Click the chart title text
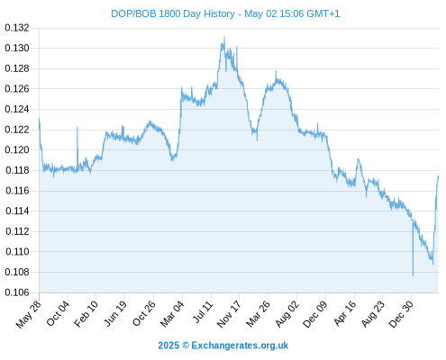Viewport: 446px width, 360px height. (x=225, y=13)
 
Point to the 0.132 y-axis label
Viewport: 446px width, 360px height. (x=17, y=28)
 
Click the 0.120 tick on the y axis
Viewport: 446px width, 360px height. (x=17, y=149)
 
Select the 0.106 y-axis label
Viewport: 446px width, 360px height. (x=17, y=292)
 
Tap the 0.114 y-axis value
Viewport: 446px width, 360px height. (x=17, y=211)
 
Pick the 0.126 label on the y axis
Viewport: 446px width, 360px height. (x=17, y=89)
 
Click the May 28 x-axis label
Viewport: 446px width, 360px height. (x=29, y=314)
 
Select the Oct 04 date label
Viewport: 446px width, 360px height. (x=58, y=313)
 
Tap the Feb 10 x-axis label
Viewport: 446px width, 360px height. (x=86, y=313)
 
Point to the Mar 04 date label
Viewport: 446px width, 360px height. (x=172, y=313)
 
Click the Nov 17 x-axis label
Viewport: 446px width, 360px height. (x=229, y=314)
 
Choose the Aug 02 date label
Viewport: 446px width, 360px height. (x=287, y=313)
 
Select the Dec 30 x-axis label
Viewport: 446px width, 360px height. (x=401, y=314)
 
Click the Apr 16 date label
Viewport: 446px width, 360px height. (x=345, y=313)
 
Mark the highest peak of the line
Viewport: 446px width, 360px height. (x=224, y=38)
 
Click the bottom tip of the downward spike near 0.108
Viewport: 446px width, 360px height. (x=413, y=275)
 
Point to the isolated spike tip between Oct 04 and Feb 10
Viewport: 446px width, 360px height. (x=77, y=128)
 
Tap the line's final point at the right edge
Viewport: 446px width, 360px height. (x=438, y=176)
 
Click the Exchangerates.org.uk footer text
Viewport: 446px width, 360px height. (x=240, y=346)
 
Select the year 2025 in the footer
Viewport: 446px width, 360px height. (x=168, y=346)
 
